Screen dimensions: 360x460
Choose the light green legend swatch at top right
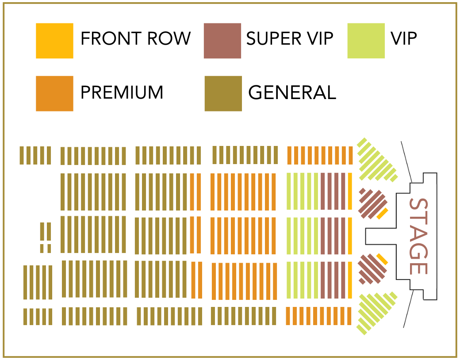pos(368,47)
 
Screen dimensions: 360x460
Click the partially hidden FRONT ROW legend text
pos(137,38)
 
